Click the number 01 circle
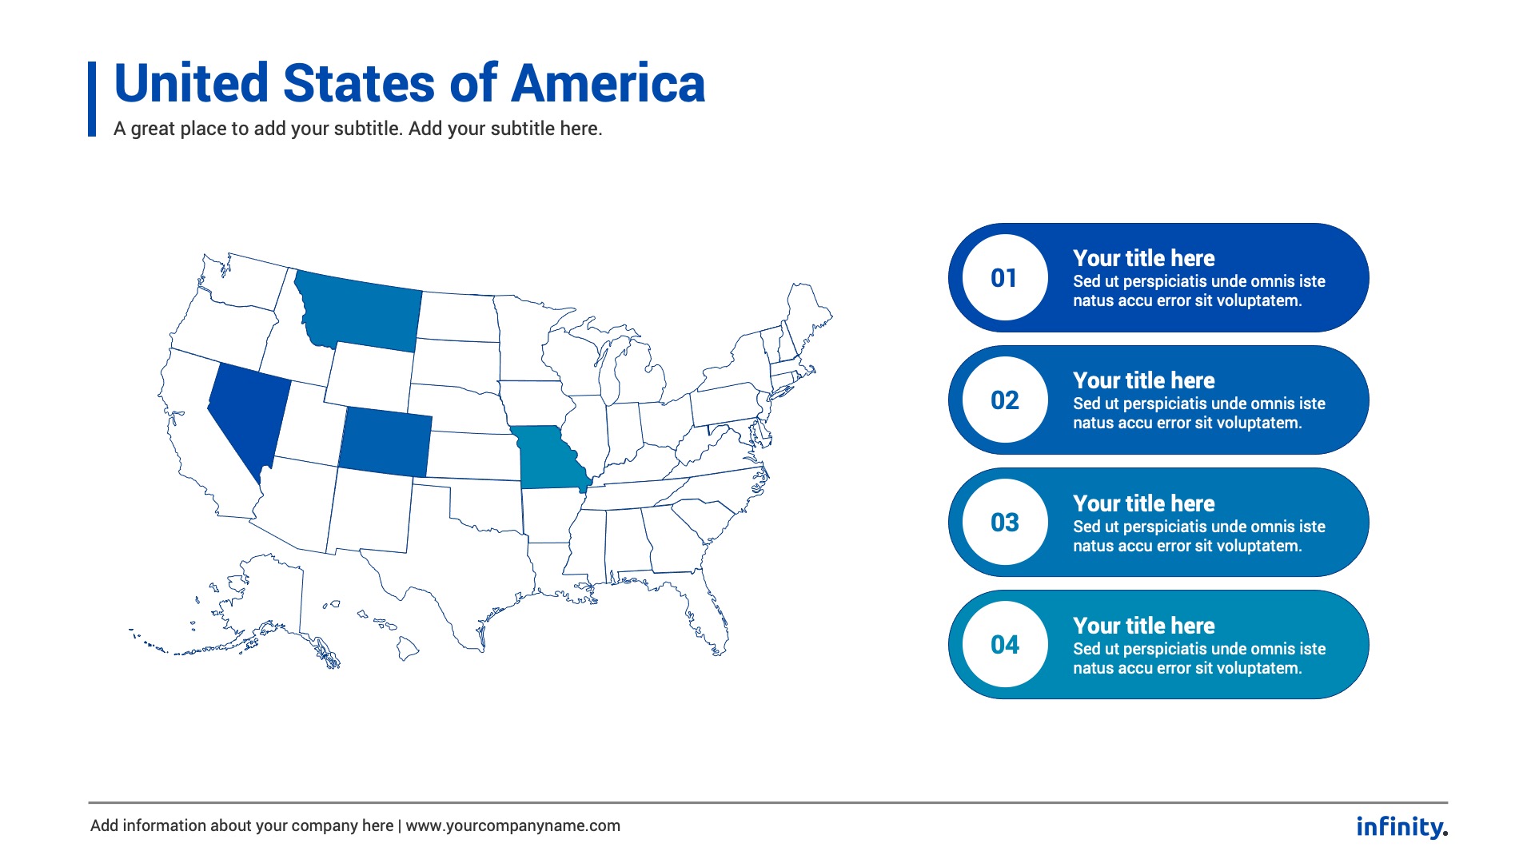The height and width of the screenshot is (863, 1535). pos(1004,278)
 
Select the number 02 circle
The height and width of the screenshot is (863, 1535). pos(1004,400)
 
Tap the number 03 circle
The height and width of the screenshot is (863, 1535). pos(1004,523)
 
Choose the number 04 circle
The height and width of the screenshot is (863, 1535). pos(1004,645)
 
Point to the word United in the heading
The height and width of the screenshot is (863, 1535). pos(192,84)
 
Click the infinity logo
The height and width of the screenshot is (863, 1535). pos(1401,827)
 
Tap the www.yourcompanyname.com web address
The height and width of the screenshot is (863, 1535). pos(512,826)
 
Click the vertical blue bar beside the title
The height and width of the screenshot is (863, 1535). pos(92,99)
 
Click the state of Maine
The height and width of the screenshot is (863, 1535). pos(807,312)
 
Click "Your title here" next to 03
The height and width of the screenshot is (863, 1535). pos(1143,503)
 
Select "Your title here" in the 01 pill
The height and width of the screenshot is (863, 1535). pos(1143,258)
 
